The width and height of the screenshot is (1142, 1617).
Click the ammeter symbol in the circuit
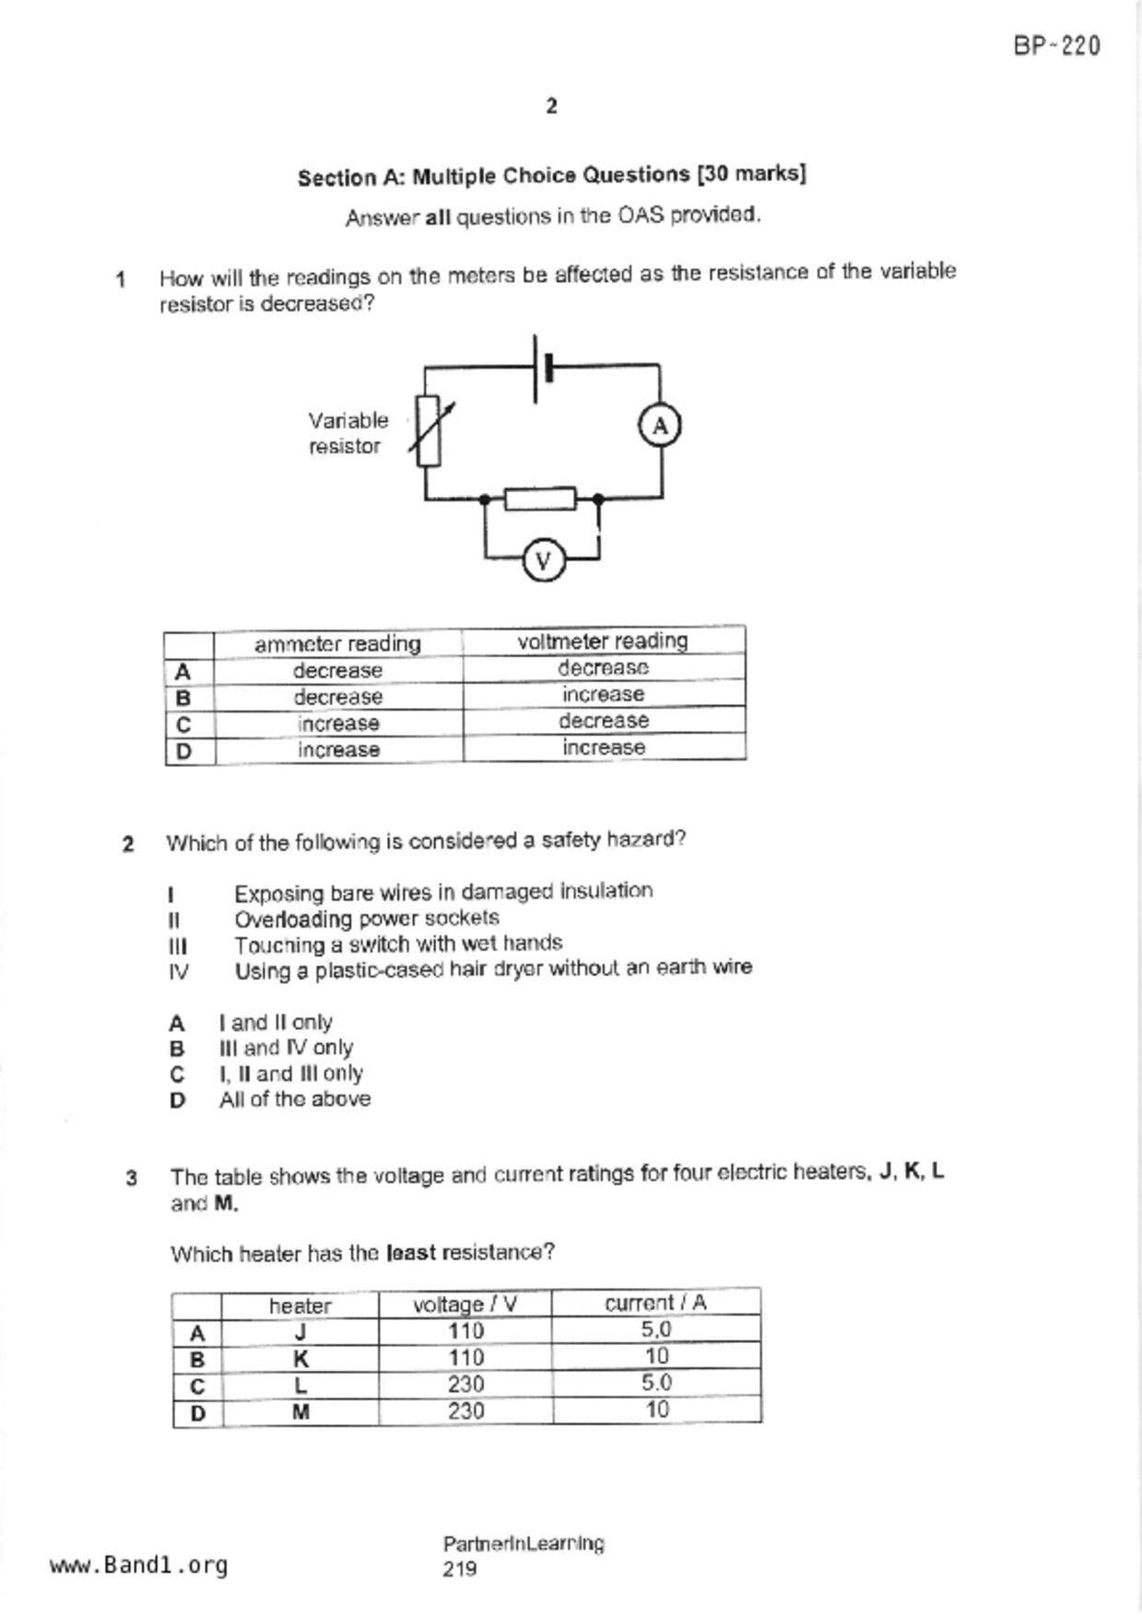[x=659, y=426]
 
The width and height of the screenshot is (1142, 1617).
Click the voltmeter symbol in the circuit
[x=543, y=561]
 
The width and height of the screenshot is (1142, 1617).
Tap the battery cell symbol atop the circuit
[x=542, y=368]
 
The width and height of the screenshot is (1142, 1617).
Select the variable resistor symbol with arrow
[x=429, y=431]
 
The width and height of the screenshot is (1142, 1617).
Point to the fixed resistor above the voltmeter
[x=540, y=499]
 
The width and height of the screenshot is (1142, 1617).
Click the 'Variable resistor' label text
[x=347, y=433]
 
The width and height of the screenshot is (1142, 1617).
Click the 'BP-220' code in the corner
[x=1056, y=46]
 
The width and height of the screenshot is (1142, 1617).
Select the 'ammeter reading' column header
[x=337, y=643]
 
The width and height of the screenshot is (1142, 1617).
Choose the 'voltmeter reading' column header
[x=603, y=641]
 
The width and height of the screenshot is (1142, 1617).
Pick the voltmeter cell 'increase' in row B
[x=603, y=694]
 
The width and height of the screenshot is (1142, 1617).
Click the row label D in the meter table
[x=184, y=751]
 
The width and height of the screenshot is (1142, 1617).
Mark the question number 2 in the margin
[x=128, y=844]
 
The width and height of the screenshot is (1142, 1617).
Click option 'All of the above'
[x=295, y=1099]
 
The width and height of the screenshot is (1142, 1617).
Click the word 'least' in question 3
[x=412, y=1253]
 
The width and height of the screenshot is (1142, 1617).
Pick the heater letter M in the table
[x=300, y=1411]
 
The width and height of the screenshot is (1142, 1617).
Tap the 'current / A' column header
[x=655, y=1303]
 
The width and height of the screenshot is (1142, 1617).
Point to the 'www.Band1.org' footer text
[x=139, y=1565]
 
